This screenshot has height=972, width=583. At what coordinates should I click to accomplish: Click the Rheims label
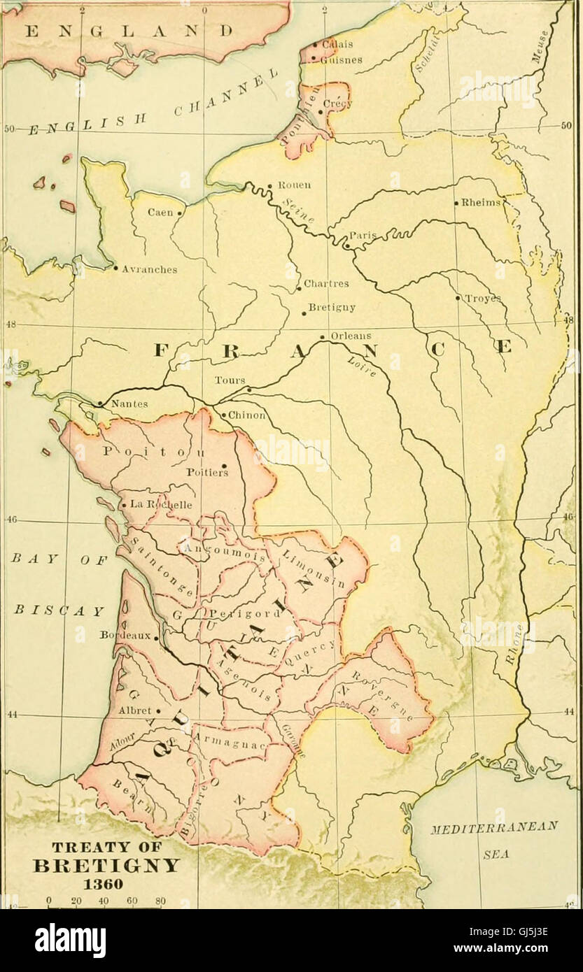point(481,203)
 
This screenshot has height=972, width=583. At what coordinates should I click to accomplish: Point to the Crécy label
point(339,104)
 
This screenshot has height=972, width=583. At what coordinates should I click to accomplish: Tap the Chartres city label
point(326,285)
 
